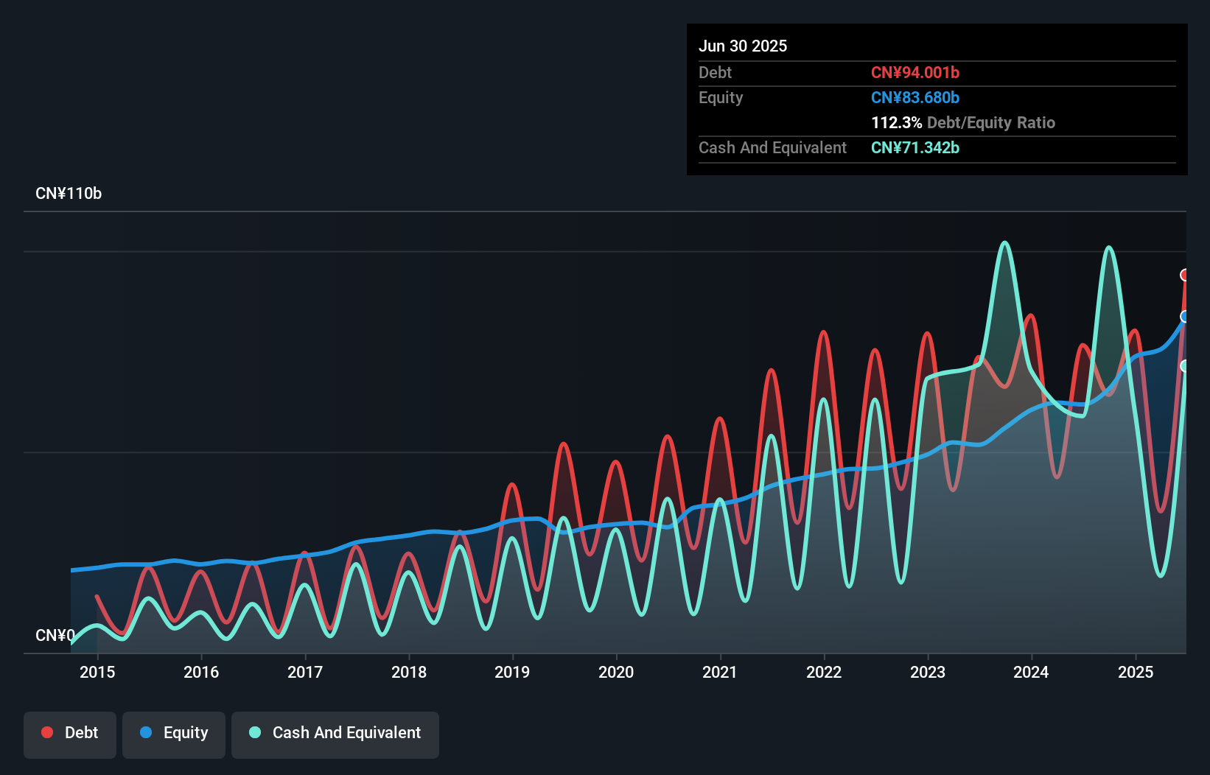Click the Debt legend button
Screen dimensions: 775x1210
pos(69,733)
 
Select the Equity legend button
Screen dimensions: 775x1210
pos(174,733)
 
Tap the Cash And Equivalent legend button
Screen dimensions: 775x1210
pos(335,733)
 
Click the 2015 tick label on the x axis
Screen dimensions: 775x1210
pos(97,672)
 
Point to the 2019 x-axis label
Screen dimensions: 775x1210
pos(512,672)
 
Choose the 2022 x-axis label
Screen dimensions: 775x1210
pos(823,672)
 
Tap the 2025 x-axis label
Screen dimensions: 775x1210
pos(1135,672)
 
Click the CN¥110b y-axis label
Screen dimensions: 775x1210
pos(69,194)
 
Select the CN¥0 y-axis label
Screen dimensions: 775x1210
pos(55,635)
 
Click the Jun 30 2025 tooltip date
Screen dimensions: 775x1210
pos(743,46)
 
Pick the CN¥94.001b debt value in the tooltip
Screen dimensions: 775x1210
pos(915,72)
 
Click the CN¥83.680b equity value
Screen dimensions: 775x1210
pos(915,97)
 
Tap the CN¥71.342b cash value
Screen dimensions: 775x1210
pos(915,147)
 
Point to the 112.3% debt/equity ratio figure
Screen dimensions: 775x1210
pos(896,122)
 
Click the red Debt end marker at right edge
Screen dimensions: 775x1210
pos(1185,275)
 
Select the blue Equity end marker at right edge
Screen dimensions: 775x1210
pos(1185,317)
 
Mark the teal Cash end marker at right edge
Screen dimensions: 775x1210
pos(1185,366)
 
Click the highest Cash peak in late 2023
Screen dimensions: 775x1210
pos(1004,243)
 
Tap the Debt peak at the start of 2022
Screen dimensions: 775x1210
pos(823,333)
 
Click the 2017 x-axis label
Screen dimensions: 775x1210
pos(304,672)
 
